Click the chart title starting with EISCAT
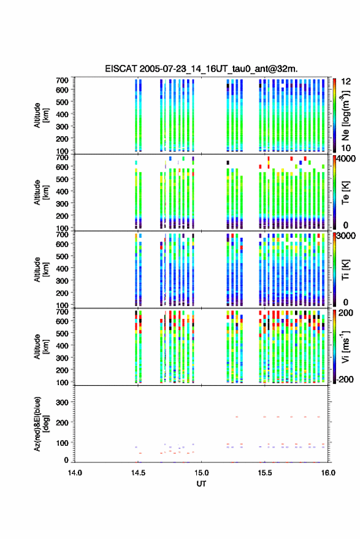coord(201,69)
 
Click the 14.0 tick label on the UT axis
coord(75,473)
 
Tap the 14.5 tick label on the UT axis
coord(138,473)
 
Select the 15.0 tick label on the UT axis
coord(201,473)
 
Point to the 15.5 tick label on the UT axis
coord(264,473)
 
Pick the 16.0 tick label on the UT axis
coord(328,473)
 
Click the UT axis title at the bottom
coord(201,484)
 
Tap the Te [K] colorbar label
coord(345,193)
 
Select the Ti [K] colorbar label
coord(345,270)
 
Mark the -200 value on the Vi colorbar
coord(345,379)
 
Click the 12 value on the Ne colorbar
coord(346,82)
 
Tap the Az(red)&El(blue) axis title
coord(41,424)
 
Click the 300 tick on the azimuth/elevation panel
coord(62,402)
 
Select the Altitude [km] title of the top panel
coord(41,115)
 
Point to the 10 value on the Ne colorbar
coord(346,148)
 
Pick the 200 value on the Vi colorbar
coord(345,313)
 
